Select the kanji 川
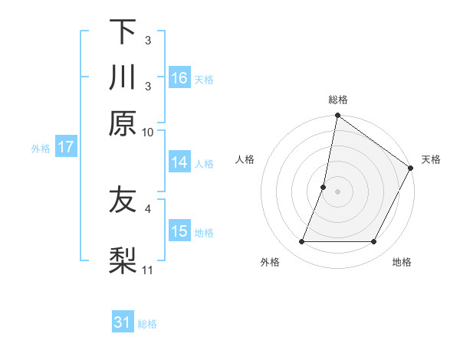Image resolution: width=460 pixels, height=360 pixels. pyautogui.click(x=123, y=77)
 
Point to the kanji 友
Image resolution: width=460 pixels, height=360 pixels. pyautogui.click(x=123, y=201)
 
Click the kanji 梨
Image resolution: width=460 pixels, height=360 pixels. pyautogui.click(x=123, y=261)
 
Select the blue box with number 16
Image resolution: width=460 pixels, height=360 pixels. pyautogui.click(x=179, y=78)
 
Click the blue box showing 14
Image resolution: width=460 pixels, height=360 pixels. pyautogui.click(x=179, y=162)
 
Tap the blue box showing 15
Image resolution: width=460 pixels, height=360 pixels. pyautogui.click(x=179, y=231)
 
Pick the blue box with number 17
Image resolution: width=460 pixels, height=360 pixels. pyautogui.click(x=65, y=147)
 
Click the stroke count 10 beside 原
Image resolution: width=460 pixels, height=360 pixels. pyautogui.click(x=148, y=132)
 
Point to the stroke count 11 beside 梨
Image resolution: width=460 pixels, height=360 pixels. pyautogui.click(x=148, y=270)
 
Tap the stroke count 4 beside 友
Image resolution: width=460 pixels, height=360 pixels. pyautogui.click(x=148, y=207)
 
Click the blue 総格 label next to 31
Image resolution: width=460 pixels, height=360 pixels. pyautogui.click(x=147, y=324)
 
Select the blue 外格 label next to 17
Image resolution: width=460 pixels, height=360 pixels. pyautogui.click(x=41, y=149)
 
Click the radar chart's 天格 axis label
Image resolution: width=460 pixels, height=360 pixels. pyautogui.click(x=431, y=159)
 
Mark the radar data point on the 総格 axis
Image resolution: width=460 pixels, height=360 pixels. pyautogui.click(x=337, y=116)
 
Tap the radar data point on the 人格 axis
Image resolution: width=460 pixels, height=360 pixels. pyautogui.click(x=324, y=186)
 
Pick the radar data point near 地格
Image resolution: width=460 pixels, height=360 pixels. pyautogui.click(x=374, y=242)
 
